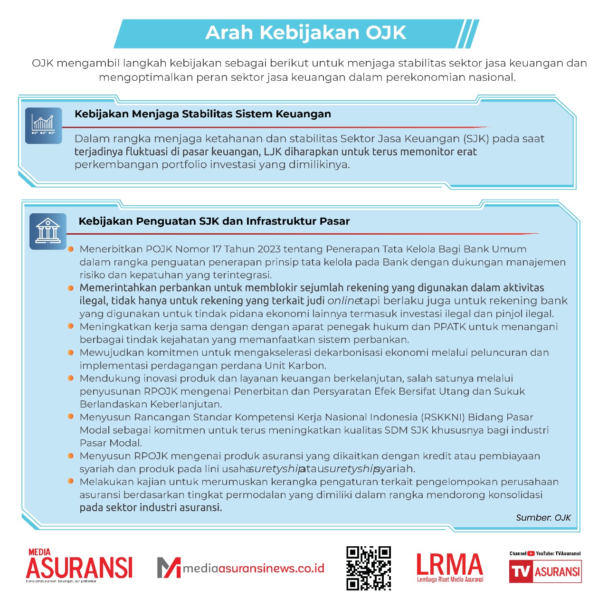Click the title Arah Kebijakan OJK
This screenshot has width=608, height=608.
(x=305, y=33)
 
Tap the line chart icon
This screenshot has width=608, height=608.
(x=43, y=125)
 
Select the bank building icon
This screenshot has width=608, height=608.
(x=48, y=231)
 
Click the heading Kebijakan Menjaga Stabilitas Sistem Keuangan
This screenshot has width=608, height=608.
(x=203, y=114)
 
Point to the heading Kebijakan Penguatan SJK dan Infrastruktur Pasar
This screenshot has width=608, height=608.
(x=214, y=221)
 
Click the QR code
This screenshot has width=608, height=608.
(x=369, y=568)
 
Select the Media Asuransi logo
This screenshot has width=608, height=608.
(x=79, y=566)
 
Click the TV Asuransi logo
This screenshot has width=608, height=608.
(x=545, y=571)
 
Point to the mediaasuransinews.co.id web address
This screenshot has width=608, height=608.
(x=254, y=569)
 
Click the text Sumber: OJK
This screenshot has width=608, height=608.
(x=543, y=518)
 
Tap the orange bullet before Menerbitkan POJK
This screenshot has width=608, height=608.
(x=71, y=249)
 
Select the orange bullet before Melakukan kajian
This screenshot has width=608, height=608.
(x=71, y=481)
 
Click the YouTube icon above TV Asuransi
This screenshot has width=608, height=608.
(x=531, y=553)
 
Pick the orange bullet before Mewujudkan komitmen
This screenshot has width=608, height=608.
(x=71, y=352)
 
